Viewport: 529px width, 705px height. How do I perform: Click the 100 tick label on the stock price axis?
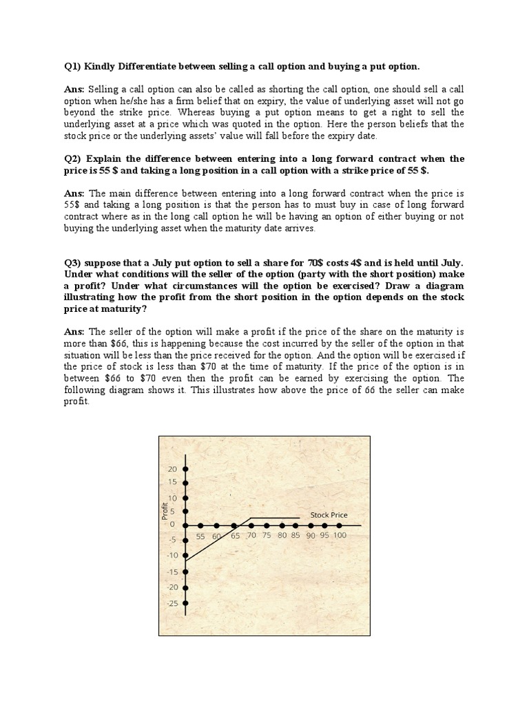click(340, 535)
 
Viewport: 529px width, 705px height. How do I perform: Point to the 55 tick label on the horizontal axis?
click(200, 536)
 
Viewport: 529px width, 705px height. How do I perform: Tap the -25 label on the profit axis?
click(172, 604)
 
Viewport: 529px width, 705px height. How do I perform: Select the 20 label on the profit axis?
click(172, 469)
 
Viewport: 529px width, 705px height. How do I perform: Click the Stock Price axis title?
click(329, 515)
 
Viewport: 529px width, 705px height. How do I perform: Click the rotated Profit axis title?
click(165, 511)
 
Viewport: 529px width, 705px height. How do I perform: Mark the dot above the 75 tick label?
click(267, 525)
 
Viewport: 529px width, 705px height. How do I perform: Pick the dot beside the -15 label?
click(186, 571)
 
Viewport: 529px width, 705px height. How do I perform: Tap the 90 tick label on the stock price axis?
click(310, 535)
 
